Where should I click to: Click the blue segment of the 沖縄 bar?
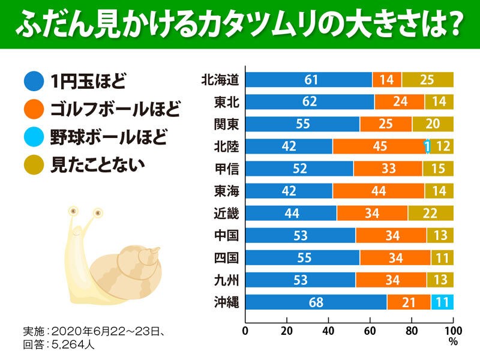click(x=316, y=302)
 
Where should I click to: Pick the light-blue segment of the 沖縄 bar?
click(x=442, y=302)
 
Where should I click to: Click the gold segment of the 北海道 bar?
click(x=427, y=80)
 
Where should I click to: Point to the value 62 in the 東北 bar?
click(x=310, y=102)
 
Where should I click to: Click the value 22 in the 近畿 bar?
click(x=430, y=214)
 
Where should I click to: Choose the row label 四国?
click(x=227, y=258)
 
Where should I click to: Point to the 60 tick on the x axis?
click(x=370, y=330)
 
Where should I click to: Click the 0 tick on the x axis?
click(x=245, y=330)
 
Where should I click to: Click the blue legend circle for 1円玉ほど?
click(x=33, y=80)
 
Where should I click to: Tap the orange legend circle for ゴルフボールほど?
click(x=33, y=110)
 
